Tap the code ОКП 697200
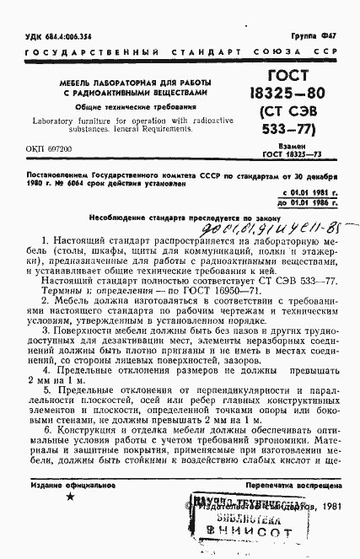coord(45,148)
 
